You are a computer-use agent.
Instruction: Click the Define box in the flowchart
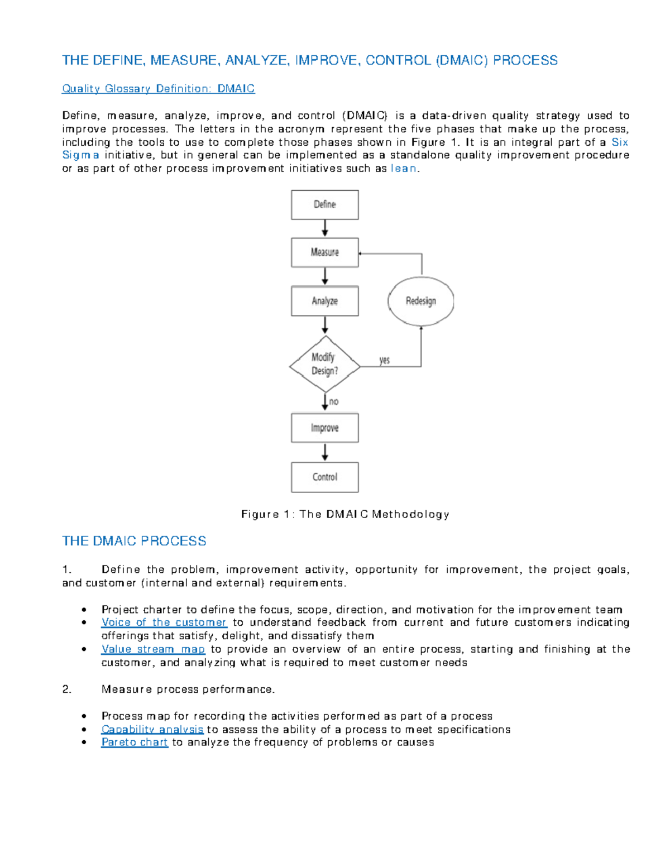pos(324,204)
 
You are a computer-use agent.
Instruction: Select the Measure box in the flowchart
pos(324,252)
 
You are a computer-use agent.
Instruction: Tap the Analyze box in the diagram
pos(324,301)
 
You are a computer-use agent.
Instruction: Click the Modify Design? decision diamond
pos(324,364)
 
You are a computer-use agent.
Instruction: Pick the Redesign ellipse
pos(420,301)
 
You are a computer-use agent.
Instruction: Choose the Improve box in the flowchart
pos(324,428)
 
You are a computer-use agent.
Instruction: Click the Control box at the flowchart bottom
pos(324,477)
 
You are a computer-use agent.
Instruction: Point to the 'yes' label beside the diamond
pos(384,360)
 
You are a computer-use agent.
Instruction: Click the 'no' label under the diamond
pos(334,401)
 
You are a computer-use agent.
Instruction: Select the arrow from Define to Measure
pos(325,228)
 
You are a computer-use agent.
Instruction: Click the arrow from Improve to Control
pos(325,452)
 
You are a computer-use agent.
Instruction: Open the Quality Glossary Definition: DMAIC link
pos(159,89)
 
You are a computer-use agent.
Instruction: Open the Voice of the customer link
pos(164,622)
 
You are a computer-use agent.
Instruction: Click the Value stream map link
pos(153,649)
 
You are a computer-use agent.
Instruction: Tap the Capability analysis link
pos(152,730)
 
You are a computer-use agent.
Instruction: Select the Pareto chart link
pos(135,743)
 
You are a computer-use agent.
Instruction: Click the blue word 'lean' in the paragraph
pos(403,169)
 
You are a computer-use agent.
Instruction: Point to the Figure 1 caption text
pos(345,514)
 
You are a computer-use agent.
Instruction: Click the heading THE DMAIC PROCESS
pos(134,541)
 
